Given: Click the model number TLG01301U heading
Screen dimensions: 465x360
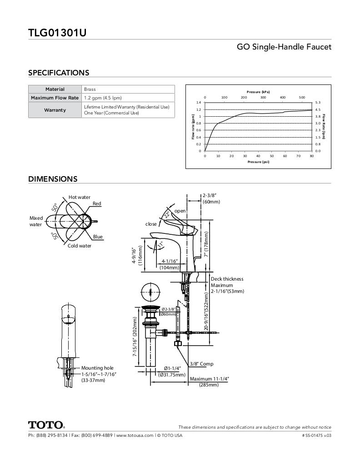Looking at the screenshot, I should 57,33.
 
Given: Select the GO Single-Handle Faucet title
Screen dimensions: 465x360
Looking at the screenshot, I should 284,47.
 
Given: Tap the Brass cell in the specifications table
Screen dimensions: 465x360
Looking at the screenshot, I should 90,89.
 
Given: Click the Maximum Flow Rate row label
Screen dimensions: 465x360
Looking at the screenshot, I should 55,98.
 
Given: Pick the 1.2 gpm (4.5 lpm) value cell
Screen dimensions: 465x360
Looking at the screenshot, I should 103,98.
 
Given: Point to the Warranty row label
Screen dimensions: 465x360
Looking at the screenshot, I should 55,110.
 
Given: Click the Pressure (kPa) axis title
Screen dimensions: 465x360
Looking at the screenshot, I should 258,92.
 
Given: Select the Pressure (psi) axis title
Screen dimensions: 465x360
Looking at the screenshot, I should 258,162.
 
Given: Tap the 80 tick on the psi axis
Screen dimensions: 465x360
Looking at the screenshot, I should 312,156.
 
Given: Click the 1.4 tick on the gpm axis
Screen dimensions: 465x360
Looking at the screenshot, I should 199,103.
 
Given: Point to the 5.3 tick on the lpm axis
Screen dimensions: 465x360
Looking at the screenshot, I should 318,103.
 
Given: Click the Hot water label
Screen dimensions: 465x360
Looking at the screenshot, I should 80,197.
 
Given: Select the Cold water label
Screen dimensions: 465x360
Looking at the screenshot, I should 80,246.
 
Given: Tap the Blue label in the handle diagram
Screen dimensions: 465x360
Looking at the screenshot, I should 98,237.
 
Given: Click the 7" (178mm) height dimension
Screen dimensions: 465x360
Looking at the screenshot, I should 206,244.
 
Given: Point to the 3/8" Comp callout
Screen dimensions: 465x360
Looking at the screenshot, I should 201,364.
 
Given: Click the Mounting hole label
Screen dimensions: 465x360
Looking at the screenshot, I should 97,368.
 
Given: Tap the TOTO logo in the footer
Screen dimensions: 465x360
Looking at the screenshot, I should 46,425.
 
